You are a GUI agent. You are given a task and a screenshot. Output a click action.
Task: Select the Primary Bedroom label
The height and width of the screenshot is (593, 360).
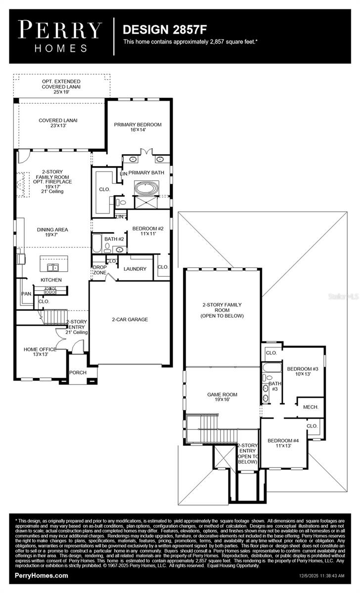(137, 127)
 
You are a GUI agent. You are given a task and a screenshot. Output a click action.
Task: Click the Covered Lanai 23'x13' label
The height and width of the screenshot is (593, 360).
(58, 123)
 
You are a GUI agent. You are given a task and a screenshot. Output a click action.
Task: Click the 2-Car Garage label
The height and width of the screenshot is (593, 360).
(130, 319)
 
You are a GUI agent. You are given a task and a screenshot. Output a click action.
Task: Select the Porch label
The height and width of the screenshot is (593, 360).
(77, 373)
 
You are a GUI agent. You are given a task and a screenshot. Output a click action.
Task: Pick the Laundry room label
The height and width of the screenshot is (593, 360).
(135, 269)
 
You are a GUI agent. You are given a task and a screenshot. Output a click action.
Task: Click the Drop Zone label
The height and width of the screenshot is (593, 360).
(100, 270)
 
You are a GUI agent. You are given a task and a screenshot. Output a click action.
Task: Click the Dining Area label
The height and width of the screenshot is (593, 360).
(52, 232)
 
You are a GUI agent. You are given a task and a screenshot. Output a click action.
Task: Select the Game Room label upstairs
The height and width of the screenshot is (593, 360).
(222, 397)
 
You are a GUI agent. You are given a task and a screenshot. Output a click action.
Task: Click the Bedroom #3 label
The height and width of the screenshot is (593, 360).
(302, 372)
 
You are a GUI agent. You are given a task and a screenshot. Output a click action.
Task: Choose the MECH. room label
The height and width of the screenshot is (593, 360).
(311, 407)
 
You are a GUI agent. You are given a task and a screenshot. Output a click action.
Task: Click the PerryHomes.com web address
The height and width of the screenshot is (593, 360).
(42, 576)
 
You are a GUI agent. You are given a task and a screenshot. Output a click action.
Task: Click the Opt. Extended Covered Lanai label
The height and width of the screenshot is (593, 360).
(61, 86)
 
